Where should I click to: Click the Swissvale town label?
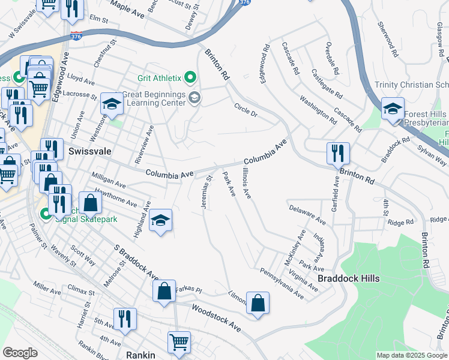(89, 151)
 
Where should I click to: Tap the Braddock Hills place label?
(349, 278)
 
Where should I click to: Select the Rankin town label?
(140, 355)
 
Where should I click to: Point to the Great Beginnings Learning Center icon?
(194, 98)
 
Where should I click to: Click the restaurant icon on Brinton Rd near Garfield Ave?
(338, 154)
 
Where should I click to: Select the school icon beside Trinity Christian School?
(393, 109)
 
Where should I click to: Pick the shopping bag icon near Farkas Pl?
(164, 292)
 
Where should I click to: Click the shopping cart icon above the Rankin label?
(179, 343)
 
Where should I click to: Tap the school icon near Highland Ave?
(160, 221)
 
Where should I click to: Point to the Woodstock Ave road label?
(216, 318)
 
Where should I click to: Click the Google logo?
(20, 353)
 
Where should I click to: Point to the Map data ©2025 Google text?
(412, 355)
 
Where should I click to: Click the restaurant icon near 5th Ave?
(125, 319)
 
